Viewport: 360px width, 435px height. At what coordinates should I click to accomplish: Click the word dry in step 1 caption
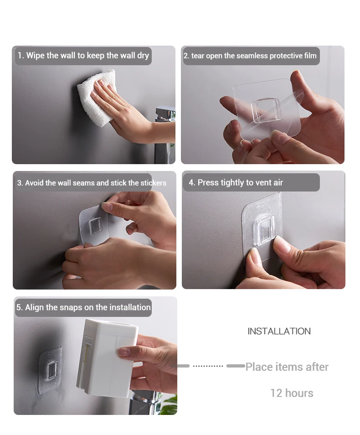(143, 56)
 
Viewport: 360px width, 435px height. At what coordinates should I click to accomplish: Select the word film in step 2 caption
(310, 56)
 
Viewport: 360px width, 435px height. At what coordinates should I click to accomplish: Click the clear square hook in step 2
(266, 110)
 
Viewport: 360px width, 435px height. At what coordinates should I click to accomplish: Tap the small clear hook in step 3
(95, 226)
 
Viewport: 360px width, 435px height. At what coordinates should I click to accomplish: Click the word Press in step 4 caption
(208, 182)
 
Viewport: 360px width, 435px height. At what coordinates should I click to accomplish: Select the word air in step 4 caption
(278, 182)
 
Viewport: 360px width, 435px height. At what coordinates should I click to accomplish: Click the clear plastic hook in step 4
(264, 230)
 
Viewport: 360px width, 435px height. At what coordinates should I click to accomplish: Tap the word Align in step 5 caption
(34, 308)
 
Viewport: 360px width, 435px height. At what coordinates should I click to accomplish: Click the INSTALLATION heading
(279, 331)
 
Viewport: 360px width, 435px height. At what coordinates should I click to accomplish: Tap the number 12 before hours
(276, 393)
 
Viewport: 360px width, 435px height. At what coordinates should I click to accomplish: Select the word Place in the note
(259, 367)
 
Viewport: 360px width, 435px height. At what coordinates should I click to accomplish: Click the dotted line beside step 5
(208, 366)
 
